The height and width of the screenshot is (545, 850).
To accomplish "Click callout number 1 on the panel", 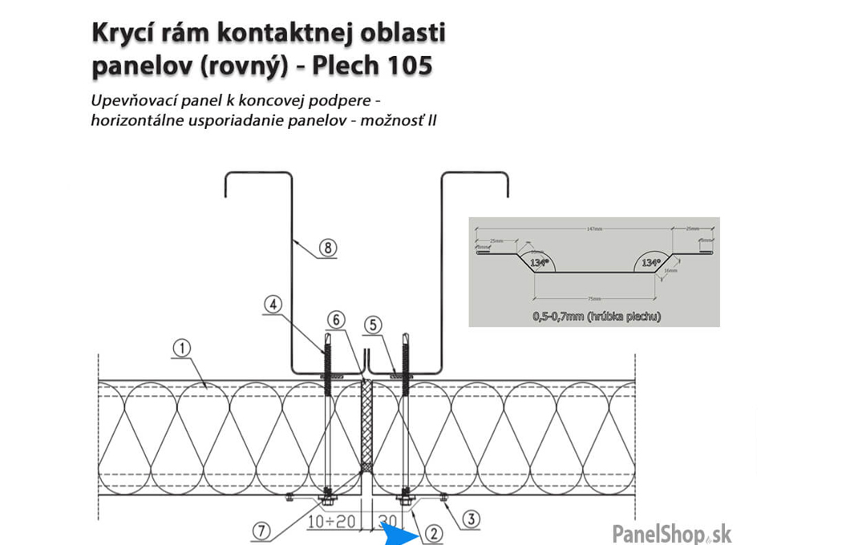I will click(x=183, y=347).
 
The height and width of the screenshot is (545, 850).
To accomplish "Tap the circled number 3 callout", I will click(x=472, y=519).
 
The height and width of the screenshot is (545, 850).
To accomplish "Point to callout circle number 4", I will click(x=273, y=305).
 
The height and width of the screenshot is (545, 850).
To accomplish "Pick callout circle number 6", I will click(x=336, y=319).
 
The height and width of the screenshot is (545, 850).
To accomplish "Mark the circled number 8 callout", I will click(x=327, y=247).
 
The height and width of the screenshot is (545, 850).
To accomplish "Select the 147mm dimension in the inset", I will click(x=593, y=228).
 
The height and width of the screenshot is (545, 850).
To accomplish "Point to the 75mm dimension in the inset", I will click(x=594, y=298).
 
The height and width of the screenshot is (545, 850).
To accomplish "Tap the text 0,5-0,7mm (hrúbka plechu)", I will click(x=594, y=316).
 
